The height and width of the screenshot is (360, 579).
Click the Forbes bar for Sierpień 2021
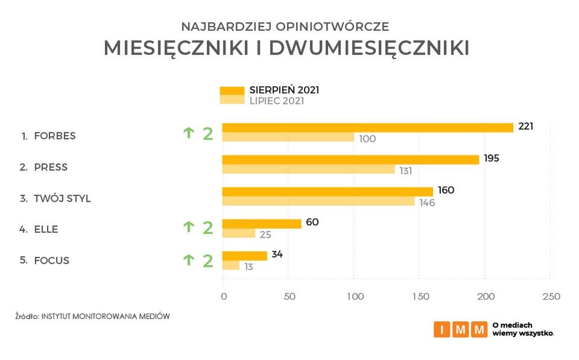(x=367, y=127)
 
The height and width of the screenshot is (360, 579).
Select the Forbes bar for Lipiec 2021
(x=288, y=137)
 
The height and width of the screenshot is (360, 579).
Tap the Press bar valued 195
(x=350, y=159)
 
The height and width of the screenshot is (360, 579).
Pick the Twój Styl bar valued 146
(x=318, y=201)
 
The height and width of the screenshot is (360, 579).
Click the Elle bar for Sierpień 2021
(x=261, y=224)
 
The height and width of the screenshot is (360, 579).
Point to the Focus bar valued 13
(x=230, y=265)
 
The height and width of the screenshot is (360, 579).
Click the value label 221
(x=525, y=127)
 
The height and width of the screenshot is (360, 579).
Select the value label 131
(x=405, y=171)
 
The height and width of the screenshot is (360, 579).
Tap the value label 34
(x=277, y=254)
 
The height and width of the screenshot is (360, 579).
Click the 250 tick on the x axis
(x=551, y=297)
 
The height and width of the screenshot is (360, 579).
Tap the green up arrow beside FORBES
(x=189, y=133)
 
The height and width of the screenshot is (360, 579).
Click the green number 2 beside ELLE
(x=207, y=228)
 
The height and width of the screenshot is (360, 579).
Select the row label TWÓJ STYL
(x=62, y=198)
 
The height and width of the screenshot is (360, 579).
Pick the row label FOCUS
(x=51, y=261)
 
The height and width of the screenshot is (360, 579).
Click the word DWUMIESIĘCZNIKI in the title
(x=369, y=49)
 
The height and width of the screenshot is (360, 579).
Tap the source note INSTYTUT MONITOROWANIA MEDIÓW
(x=106, y=316)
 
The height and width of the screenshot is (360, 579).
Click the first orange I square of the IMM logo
(x=442, y=329)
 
